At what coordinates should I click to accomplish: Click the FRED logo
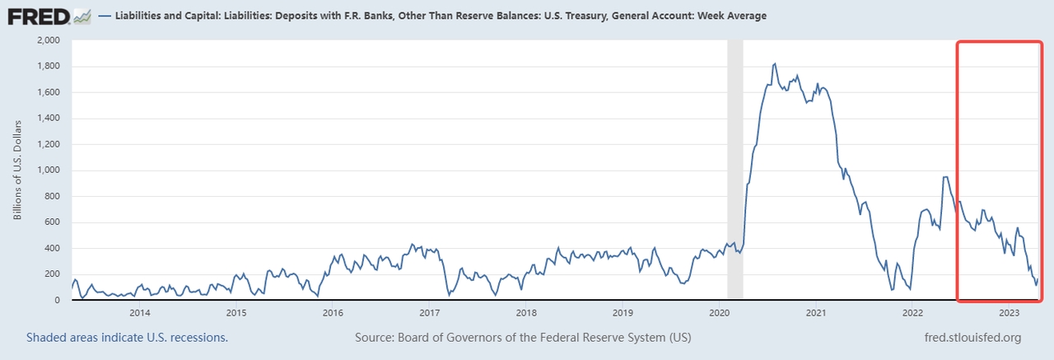coord(40,15)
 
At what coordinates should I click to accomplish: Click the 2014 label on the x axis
coord(140,313)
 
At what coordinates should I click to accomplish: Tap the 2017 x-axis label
coord(429,313)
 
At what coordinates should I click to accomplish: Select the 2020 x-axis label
coord(719,313)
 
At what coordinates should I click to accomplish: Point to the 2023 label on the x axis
coord(1010,313)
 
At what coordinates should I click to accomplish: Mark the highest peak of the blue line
coord(775,63)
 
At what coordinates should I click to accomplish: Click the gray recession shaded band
coord(735,165)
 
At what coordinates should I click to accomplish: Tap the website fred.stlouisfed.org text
coord(973,338)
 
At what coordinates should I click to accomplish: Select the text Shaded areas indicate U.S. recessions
coord(127,338)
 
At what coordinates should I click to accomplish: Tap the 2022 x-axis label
coord(912,313)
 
